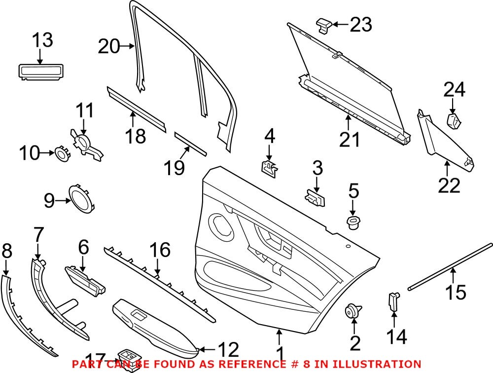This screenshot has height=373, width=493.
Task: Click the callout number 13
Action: (42, 40)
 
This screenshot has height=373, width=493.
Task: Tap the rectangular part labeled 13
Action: (41, 71)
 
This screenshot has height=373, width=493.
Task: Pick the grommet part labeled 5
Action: (353, 222)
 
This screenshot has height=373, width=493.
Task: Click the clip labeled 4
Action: (269, 167)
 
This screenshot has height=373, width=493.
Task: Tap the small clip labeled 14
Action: (394, 301)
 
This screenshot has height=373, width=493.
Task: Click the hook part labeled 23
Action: (323, 24)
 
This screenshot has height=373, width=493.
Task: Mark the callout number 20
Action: (109, 47)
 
